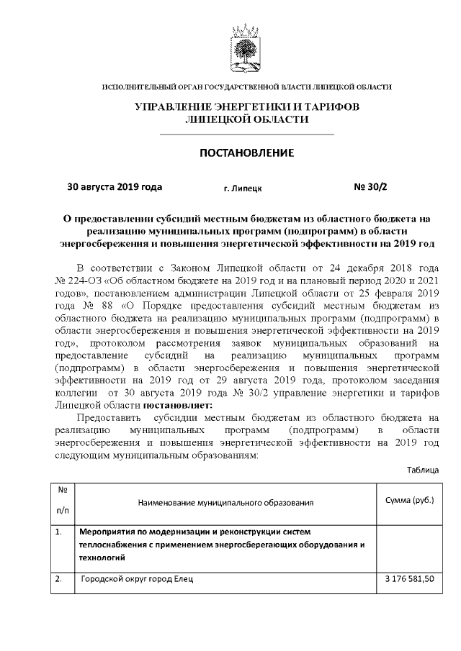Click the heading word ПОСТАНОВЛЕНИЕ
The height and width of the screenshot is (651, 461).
pos(247,153)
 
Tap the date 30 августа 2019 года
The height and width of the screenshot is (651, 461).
pos(115,187)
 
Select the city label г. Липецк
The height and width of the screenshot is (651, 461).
pos(243,188)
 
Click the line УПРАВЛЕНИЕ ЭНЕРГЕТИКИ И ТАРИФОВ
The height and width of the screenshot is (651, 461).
pos(247,107)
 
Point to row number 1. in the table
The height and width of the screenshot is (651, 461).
pos(59,532)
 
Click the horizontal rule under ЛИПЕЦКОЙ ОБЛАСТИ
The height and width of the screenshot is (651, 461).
pos(247,135)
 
